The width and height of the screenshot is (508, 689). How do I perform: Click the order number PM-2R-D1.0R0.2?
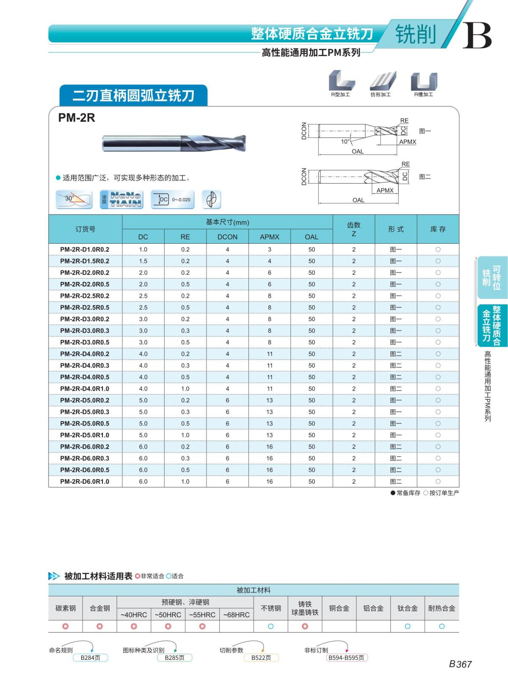coord(85,249)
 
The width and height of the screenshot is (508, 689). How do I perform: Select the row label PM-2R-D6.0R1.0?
coord(85,481)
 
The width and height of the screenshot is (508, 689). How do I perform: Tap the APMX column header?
coord(269,237)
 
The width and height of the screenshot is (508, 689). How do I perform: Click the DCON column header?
coord(227,237)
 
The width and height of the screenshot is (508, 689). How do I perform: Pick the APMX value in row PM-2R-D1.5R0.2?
coord(269,261)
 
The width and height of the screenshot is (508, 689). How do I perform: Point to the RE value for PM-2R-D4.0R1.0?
coord(185,389)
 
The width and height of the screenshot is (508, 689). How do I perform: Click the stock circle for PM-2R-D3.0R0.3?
coord(438,331)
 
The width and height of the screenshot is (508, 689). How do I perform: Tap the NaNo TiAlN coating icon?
coord(121,199)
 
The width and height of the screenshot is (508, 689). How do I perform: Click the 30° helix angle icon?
coord(74,199)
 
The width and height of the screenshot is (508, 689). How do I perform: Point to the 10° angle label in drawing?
coord(345,142)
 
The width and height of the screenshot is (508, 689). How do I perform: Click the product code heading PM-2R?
coord(77,118)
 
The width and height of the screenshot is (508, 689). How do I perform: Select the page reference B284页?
coord(90,658)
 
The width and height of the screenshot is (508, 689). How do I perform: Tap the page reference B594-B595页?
coord(346,658)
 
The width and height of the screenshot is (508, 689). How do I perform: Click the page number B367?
coord(460,664)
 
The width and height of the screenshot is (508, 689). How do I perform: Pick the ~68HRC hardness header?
coord(236,615)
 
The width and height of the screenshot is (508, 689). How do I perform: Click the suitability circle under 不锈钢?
coord(271,626)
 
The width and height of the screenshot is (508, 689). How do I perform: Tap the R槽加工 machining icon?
coord(424,84)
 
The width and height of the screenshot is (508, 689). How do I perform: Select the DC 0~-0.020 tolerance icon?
coord(173,199)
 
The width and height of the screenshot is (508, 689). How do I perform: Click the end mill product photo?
coord(174,143)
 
